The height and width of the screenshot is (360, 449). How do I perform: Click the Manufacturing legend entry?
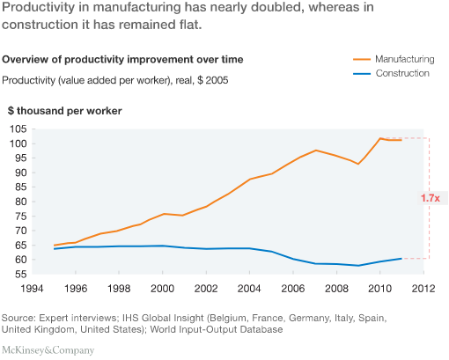click(394, 59)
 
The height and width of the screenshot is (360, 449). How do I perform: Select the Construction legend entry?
click(391, 73)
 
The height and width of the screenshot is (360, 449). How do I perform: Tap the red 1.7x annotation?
click(431, 198)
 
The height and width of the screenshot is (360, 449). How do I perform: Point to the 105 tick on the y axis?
click(18, 129)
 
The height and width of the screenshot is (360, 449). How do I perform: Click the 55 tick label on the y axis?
click(20, 275)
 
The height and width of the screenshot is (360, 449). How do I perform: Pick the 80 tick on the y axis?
click(20, 202)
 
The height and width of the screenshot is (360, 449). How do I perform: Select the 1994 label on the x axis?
click(32, 289)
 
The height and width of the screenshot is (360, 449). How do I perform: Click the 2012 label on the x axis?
click(423, 289)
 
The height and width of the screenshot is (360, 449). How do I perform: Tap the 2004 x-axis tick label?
click(249, 289)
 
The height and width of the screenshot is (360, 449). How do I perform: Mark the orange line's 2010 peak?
click(380, 138)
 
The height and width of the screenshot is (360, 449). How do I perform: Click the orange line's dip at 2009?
click(358, 164)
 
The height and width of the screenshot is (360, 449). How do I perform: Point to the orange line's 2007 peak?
click(316, 151)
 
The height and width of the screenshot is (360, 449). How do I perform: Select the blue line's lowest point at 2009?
click(358, 266)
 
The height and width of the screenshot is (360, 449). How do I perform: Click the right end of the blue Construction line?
click(401, 259)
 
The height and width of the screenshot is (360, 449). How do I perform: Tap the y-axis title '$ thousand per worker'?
click(65, 111)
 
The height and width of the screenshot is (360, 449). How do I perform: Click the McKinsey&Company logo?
click(48, 350)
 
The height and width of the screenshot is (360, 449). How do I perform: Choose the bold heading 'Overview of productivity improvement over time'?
click(122, 59)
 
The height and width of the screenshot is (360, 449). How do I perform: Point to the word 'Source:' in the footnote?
click(18, 318)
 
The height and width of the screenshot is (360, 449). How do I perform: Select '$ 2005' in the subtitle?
click(213, 80)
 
